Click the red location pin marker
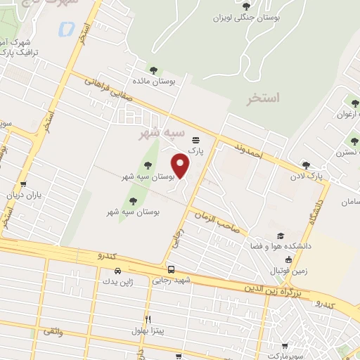tap(181, 166)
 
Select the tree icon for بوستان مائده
tap(153, 70)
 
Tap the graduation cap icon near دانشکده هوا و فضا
tap(281, 236)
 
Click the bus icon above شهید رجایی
tap(172, 269)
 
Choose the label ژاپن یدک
tap(117, 282)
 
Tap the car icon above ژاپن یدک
tap(117, 271)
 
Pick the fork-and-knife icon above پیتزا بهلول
tap(148, 319)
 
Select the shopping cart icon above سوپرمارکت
tap(284, 346)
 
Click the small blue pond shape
tap(66, 29)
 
